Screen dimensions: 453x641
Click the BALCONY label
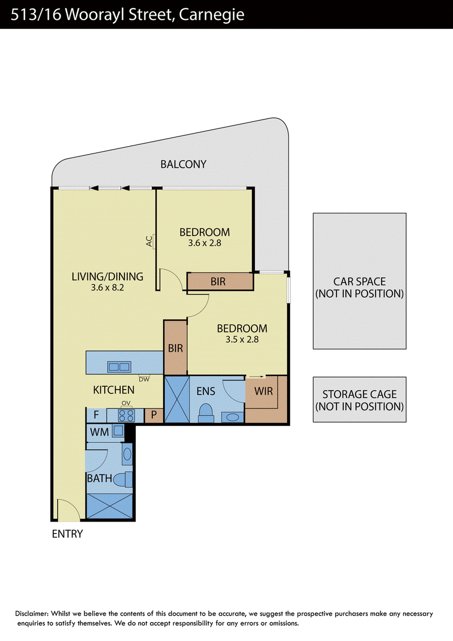183,164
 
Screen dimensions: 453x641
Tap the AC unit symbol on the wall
154,241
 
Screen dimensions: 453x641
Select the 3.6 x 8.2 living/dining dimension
108,288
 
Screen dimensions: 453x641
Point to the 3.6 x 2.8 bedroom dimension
204,243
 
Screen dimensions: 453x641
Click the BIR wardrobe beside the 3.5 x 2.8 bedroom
176,348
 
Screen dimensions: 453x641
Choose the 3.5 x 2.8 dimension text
242,339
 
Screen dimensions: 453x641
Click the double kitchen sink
119,367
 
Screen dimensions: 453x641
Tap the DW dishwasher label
144,379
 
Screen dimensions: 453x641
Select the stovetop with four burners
126,415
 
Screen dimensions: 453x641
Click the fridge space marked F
96,415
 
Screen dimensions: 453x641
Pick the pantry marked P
153,415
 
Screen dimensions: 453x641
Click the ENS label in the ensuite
206,391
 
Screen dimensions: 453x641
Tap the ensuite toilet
206,413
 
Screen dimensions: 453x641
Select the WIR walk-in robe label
263,391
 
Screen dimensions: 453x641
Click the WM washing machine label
99,432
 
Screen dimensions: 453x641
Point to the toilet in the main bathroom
123,480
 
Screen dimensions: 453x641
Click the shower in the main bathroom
110,506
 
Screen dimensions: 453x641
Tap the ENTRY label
67,534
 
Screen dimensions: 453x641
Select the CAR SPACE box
360,281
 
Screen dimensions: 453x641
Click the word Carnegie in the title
212,15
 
